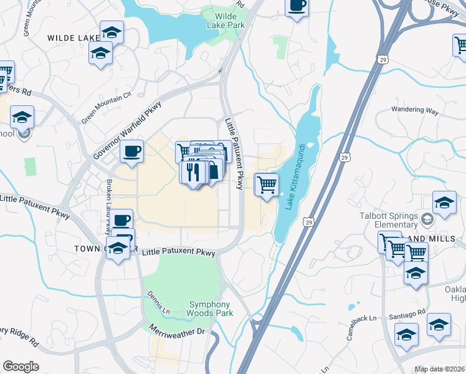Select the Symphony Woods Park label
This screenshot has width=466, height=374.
pyautogui.click(x=211, y=308)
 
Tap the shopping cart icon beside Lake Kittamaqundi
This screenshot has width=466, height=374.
pyautogui.click(x=267, y=185)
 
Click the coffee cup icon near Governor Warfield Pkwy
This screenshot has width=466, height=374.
pyautogui.click(x=131, y=151)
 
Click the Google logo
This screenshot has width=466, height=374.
pyautogui.click(x=21, y=367)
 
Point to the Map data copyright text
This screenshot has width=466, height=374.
pyautogui.click(x=440, y=369)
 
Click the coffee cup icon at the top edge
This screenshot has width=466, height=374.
pyautogui.click(x=297, y=6)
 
